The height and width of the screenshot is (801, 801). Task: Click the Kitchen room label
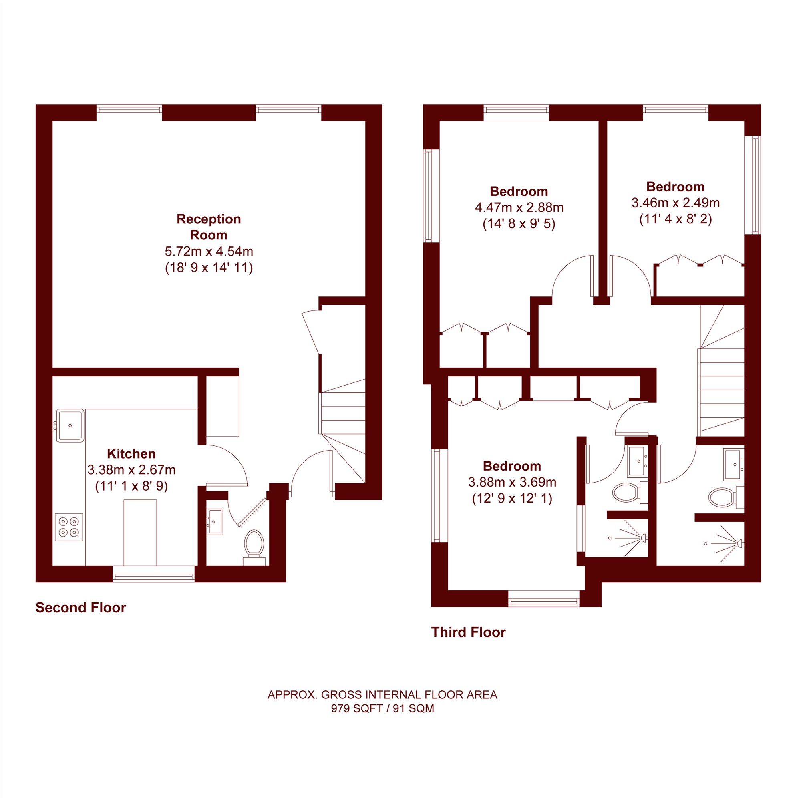click(x=131, y=454)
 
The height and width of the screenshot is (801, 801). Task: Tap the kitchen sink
click(x=70, y=425)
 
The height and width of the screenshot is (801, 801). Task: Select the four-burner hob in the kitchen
click(x=69, y=527)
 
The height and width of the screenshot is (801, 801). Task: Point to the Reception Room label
click(x=209, y=227)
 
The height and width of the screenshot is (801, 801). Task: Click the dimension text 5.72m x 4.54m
click(x=209, y=251)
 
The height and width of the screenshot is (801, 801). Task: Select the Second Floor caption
click(x=81, y=608)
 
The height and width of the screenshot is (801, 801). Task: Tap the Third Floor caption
click(x=469, y=632)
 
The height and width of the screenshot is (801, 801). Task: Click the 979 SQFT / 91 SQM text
click(x=382, y=708)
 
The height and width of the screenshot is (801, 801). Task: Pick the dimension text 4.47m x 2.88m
click(x=519, y=207)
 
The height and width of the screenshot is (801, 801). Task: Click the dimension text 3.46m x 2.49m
click(x=675, y=203)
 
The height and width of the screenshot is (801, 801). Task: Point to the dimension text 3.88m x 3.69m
click(x=512, y=482)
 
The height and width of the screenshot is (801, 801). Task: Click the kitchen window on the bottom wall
click(x=154, y=574)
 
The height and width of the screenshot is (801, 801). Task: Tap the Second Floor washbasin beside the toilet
click(x=215, y=521)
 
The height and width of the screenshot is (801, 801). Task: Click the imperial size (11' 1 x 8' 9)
click(x=131, y=486)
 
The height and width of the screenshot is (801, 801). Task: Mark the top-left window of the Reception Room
click(x=129, y=110)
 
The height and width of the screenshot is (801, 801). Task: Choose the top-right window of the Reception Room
click(x=288, y=110)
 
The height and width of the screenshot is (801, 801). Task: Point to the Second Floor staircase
click(x=342, y=431)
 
